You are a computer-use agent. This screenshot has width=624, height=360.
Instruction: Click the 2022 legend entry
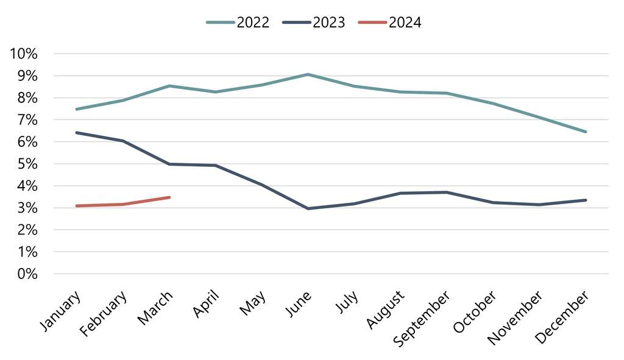[238, 23]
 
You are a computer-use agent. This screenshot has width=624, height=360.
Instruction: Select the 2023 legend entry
[314, 23]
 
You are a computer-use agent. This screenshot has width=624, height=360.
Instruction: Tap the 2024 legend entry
[391, 23]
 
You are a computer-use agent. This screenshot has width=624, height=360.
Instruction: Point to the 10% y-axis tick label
[24, 54]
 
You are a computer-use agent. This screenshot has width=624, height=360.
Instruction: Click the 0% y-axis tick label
[27, 274]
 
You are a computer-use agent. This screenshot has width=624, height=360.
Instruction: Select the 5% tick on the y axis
[27, 164]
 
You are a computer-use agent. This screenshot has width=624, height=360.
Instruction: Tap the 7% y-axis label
[27, 120]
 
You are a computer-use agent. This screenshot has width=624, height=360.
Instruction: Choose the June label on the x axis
[298, 304]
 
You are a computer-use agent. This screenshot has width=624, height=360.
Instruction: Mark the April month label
[205, 303]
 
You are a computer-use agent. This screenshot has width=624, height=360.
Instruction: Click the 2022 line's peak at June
[308, 74]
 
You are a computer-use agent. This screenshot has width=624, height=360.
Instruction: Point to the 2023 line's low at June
[308, 208]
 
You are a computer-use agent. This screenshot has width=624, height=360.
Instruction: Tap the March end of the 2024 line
[169, 197]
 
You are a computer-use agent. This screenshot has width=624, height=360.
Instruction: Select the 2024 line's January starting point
[76, 206]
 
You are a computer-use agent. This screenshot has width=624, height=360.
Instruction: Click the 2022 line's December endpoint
[586, 132]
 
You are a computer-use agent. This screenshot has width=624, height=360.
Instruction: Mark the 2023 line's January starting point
[76, 132]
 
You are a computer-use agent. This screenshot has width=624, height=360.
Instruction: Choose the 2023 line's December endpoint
[586, 200]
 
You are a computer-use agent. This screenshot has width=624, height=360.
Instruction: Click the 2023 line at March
[169, 164]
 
